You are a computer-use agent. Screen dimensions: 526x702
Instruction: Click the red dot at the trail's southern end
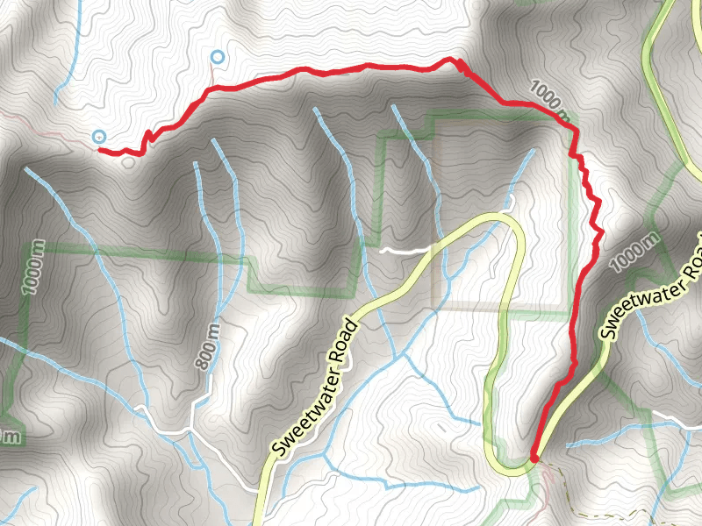534,458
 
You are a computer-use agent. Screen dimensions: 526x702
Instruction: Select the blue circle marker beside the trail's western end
99,136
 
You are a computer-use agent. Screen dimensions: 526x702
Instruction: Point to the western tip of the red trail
99,150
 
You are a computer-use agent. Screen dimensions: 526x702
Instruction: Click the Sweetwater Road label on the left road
316,390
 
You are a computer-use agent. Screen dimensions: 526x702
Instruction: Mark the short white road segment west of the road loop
405,251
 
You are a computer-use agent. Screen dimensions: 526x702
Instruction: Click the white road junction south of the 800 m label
191,430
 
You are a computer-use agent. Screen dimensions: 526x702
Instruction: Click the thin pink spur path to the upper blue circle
212,77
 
